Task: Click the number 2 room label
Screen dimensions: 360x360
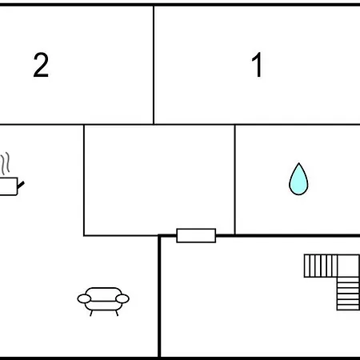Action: click(41, 65)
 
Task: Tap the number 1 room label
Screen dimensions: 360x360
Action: click(257, 65)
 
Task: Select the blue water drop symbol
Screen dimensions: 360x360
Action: click(298, 179)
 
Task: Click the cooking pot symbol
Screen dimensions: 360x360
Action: click(10, 186)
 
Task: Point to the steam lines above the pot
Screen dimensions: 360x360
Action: click(6, 163)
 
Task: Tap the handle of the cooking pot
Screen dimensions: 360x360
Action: click(21, 185)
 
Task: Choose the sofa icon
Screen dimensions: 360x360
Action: click(103, 302)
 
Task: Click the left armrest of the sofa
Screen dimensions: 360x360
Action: click(84, 299)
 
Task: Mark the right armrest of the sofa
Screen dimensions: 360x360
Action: click(122, 298)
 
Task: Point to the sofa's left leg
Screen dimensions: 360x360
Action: click(91, 313)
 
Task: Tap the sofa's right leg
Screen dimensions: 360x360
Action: click(117, 313)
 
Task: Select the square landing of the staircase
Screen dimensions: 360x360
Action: click(348, 266)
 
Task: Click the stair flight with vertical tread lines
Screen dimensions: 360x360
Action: click(321, 266)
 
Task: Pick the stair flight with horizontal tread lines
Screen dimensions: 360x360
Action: click(348, 294)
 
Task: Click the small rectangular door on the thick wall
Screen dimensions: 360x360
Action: click(196, 235)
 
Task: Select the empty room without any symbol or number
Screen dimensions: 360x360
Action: click(159, 180)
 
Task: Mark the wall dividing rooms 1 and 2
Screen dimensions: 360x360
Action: click(154, 65)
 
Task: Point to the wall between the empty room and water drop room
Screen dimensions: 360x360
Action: click(235, 180)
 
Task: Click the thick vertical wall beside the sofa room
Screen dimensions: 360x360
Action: click(159, 296)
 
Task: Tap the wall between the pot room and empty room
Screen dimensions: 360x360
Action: click(84, 180)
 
